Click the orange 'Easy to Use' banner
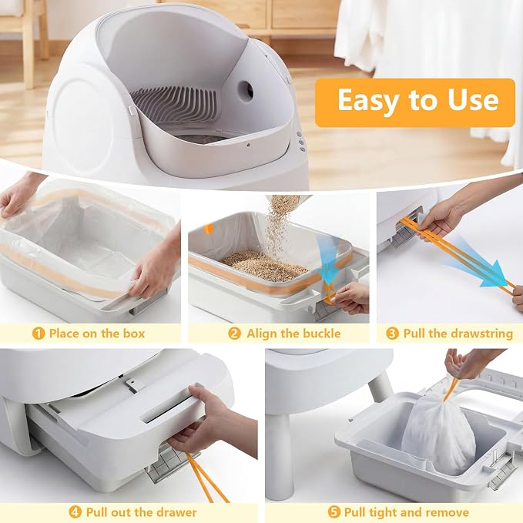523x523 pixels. pyautogui.click(x=415, y=102)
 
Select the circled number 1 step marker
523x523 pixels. pyautogui.click(x=39, y=334)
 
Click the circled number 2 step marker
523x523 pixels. pyautogui.click(x=234, y=334)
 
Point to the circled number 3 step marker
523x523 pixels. pyautogui.click(x=392, y=334)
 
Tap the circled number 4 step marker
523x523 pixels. pyautogui.click(x=75, y=512)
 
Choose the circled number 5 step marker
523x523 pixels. pyautogui.click(x=334, y=512)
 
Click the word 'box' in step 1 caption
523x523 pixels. pyautogui.click(x=134, y=334)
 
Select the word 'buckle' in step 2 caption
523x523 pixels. pyautogui.click(x=321, y=334)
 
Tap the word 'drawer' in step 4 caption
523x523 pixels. pyautogui.click(x=176, y=512)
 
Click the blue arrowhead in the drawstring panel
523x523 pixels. pyautogui.click(x=494, y=274)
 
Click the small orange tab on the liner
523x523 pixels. pyautogui.click(x=208, y=229)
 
